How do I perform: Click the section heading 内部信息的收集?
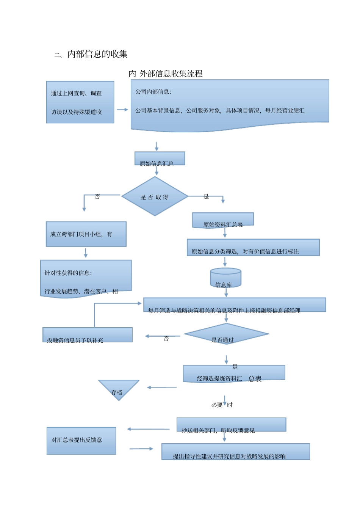pyautogui.click(x=97, y=54)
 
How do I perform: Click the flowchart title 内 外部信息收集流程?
pyautogui.click(x=166, y=74)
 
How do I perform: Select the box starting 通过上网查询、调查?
pyautogui.click(x=80, y=102)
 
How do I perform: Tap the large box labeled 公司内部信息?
pyautogui.click(x=230, y=104)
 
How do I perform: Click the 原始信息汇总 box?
pyautogui.click(x=160, y=159)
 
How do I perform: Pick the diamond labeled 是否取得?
pyautogui.click(x=155, y=196)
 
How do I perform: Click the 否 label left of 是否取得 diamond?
pyautogui.click(x=97, y=196)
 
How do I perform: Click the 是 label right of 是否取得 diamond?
pyautogui.click(x=206, y=196)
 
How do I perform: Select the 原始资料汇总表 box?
pyautogui.click(x=223, y=220)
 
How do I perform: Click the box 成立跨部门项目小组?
pyautogui.click(x=86, y=234)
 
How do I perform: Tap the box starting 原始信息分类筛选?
pyautogui.click(x=253, y=248)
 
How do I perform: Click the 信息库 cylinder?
pyautogui.click(x=225, y=278)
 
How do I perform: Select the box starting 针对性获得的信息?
pyautogui.click(x=86, y=279)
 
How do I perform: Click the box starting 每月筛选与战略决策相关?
pyautogui.click(x=235, y=305)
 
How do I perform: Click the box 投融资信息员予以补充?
pyautogui.click(x=88, y=335)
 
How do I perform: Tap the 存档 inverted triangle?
pyautogui.click(x=119, y=389)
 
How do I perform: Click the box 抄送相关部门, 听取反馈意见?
pyautogui.click(x=231, y=425)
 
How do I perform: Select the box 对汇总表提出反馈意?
pyautogui.click(x=81, y=441)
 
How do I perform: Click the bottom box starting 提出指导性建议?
pyautogui.click(x=235, y=452)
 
